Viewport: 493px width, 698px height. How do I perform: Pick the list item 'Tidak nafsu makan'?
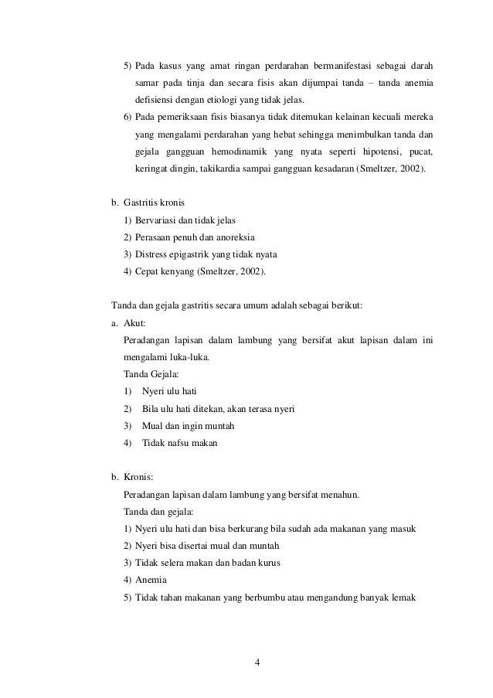click(x=180, y=443)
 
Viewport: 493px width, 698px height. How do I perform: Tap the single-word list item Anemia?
click(x=150, y=580)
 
